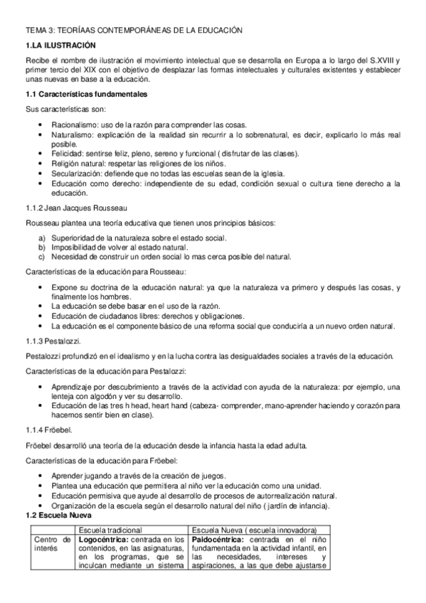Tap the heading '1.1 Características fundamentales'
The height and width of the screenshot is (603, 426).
[87, 94]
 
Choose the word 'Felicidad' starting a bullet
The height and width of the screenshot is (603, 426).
[68, 154]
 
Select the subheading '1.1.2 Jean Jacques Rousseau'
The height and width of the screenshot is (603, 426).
[76, 208]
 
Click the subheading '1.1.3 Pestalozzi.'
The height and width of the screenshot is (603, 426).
[55, 341]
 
